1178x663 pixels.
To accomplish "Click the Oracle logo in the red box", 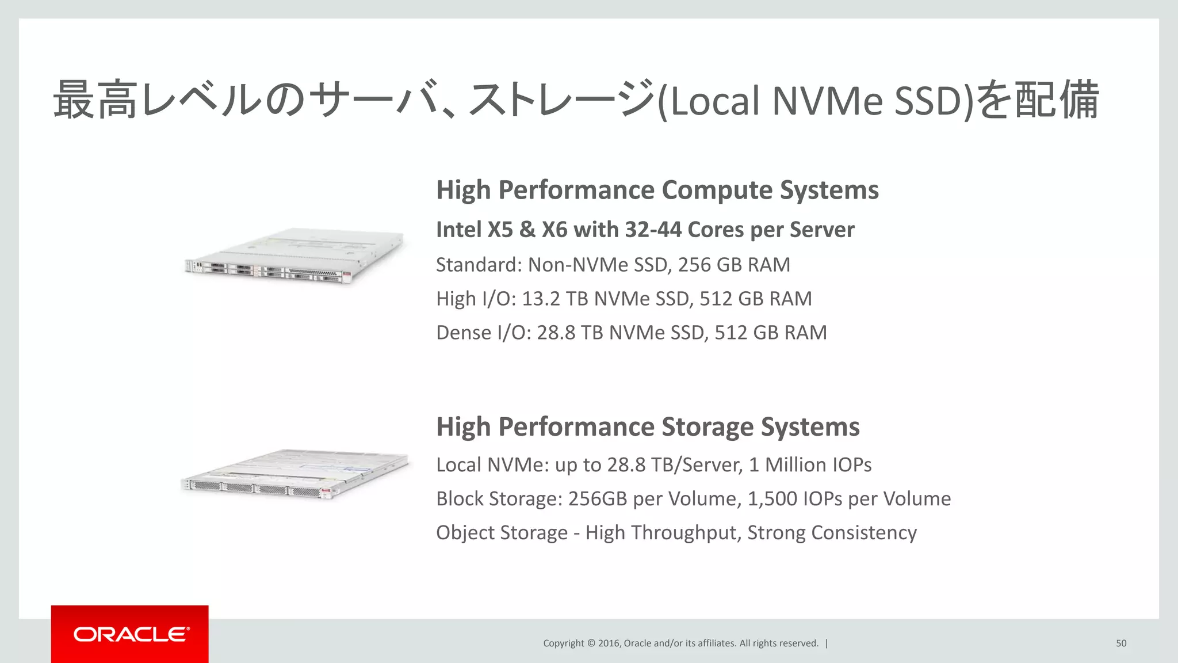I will (131, 634).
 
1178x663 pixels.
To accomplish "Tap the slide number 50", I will (1121, 643).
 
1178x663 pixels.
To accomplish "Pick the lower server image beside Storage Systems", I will (294, 473).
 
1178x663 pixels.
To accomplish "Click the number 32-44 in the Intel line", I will (653, 230).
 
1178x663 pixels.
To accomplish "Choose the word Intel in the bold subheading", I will (458, 230).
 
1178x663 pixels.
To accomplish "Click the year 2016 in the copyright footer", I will (609, 643).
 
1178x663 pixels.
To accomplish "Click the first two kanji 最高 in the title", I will (95, 101).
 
